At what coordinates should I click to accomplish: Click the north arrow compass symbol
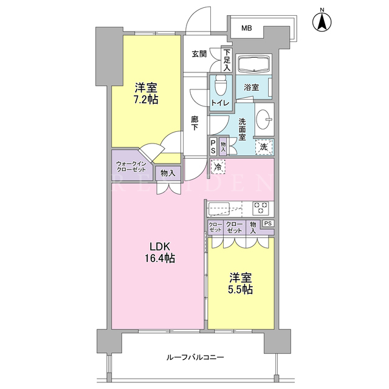click(x=322, y=22)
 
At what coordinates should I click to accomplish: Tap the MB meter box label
click(x=247, y=29)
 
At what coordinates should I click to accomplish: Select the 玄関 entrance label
click(x=199, y=54)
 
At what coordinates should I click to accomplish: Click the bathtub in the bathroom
click(x=253, y=64)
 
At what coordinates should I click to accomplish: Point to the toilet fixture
click(x=220, y=85)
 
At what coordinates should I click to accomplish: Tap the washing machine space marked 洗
click(x=264, y=147)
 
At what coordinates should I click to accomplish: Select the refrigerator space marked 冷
click(x=218, y=167)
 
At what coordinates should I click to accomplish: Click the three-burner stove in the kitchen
click(x=261, y=208)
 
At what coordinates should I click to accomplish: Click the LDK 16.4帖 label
click(x=160, y=253)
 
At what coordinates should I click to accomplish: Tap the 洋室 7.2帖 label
click(x=146, y=93)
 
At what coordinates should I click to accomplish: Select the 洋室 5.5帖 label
click(x=241, y=284)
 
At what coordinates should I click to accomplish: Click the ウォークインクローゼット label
click(x=131, y=167)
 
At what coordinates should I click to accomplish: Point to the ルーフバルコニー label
click(x=195, y=357)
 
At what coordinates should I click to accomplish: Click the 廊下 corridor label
click(x=194, y=123)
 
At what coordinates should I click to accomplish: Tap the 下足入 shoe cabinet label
click(x=227, y=60)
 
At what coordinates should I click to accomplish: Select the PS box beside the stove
click(x=268, y=223)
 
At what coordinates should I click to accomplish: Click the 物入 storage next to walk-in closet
click(x=168, y=173)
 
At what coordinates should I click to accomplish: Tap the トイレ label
click(x=220, y=103)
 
